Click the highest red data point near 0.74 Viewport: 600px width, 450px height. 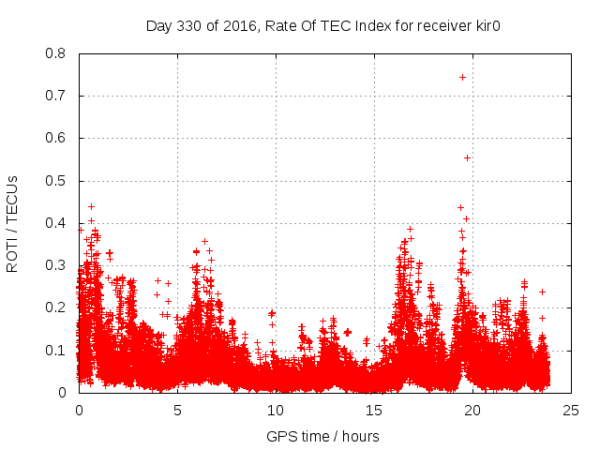pos(462,77)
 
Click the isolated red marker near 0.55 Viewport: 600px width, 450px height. pos(467,157)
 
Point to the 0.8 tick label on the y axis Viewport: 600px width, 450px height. pos(55,53)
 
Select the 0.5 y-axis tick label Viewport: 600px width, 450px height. pos(55,180)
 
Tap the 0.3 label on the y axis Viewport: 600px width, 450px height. pos(55,265)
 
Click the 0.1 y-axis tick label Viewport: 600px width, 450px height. pos(55,350)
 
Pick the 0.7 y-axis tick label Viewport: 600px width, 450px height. pos(55,96)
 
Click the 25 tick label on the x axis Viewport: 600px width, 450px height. pos(571,411)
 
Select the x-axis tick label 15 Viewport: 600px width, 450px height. pos(374,411)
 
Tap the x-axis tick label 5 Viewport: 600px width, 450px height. pos(177,411)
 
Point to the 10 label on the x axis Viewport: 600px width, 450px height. pos(276,411)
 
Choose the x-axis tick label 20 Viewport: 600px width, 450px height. pos(472,411)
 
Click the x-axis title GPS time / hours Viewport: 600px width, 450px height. pos(322,436)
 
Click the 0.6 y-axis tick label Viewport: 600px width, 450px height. pos(55,138)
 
